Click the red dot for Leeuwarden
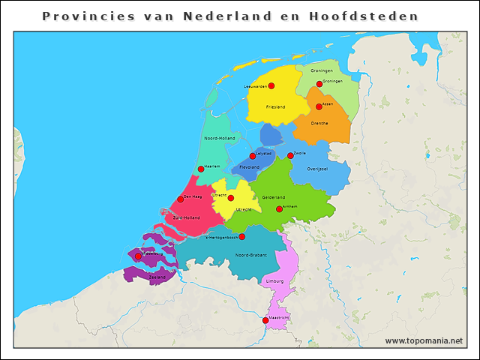[271, 85]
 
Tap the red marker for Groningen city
[319, 84]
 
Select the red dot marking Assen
[319, 106]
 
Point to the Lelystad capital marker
[253, 156]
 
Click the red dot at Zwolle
[291, 156]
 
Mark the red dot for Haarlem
[201, 169]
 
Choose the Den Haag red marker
[181, 199]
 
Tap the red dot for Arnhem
[279, 209]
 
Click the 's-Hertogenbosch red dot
[242, 237]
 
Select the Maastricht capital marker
[265, 321]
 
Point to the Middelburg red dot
[138, 256]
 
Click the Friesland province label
[275, 106]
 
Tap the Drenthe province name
[319, 123]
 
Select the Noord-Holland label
[219, 138]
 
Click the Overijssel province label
[318, 169]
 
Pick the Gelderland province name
[273, 196]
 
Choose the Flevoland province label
[249, 166]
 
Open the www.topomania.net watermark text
[424, 340]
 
